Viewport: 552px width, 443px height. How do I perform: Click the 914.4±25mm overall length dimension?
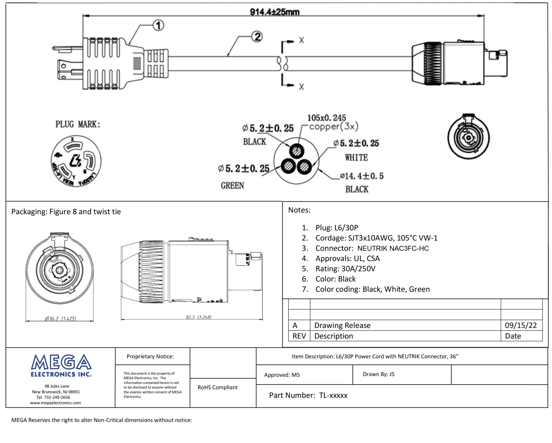[274, 12]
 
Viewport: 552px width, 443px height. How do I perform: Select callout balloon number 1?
[158, 26]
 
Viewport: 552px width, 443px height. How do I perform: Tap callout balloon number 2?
[257, 37]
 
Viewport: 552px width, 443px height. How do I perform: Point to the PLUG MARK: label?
[78, 124]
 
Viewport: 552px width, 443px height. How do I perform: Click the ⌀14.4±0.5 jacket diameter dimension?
[362, 176]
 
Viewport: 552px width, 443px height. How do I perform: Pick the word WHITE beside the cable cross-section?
[356, 157]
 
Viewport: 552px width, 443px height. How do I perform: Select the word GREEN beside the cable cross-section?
[232, 186]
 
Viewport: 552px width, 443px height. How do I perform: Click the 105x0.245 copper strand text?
[327, 118]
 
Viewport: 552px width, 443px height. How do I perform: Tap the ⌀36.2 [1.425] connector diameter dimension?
[60, 318]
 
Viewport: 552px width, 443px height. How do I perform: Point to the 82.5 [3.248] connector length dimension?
[198, 317]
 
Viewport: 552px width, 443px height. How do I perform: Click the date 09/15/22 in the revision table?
[521, 325]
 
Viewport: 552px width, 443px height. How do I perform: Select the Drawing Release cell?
[342, 325]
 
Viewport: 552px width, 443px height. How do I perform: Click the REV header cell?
[299, 336]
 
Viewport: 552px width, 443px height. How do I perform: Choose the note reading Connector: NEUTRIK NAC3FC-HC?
[372, 248]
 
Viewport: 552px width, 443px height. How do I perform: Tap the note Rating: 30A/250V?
[345, 269]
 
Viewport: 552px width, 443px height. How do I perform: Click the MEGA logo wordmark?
[61, 362]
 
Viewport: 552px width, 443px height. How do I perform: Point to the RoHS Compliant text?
[218, 387]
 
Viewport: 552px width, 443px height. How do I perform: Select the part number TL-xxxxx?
[333, 395]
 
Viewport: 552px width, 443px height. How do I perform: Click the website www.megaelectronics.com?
[55, 403]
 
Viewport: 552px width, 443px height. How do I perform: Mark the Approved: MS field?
[282, 375]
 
